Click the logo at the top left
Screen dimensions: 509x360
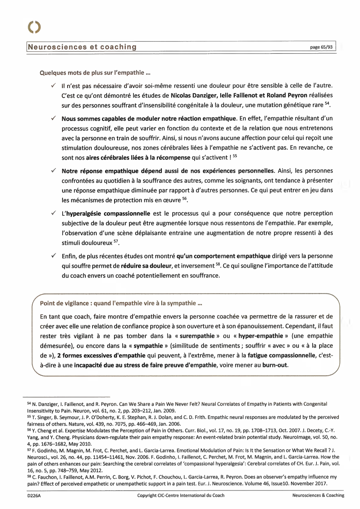34,27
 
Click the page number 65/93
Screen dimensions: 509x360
321,47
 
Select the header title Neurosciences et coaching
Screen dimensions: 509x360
82,47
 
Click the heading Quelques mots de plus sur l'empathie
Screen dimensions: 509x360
95,73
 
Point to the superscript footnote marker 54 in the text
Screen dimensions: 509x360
327,103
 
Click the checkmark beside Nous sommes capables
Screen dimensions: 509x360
54,118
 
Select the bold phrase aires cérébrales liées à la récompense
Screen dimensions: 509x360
138,158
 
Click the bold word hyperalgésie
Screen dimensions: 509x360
84,214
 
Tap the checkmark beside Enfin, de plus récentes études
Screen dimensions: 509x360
54,256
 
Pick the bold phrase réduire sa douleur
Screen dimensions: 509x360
146,266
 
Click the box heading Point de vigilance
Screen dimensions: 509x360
121,303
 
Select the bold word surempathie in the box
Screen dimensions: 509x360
197,336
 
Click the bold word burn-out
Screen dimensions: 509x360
275,365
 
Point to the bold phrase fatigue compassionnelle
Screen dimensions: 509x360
281,355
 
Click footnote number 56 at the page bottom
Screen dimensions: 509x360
29,430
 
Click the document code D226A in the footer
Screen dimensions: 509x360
34,495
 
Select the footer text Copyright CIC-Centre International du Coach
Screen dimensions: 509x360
181,495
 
